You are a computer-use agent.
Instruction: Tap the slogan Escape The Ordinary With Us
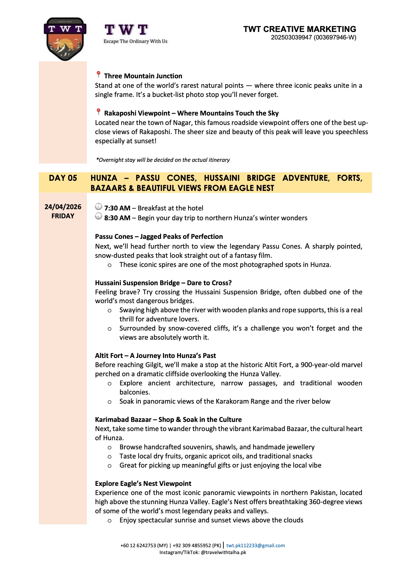coord(135,41)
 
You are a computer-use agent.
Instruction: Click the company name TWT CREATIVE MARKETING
coord(300,29)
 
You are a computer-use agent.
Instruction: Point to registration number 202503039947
coord(291,38)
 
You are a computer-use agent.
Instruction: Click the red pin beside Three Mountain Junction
coord(98,75)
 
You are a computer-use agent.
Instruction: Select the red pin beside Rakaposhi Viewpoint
coord(98,112)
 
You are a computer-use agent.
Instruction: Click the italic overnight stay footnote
coord(163,160)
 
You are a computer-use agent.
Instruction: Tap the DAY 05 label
coord(63,178)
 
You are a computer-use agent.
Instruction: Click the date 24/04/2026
coord(63,207)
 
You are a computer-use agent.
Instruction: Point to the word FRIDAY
coord(63,216)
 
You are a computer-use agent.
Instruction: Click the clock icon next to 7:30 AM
coord(98,207)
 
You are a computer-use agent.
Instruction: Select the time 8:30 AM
coord(117,218)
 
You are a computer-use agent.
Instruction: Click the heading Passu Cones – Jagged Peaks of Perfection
coord(159,237)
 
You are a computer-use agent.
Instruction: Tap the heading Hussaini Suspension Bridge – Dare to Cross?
coord(163,283)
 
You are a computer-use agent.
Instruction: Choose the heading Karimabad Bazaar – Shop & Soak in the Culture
coord(168,420)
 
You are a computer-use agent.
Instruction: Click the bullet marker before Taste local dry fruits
coord(110,457)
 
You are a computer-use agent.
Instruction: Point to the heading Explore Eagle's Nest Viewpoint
coord(143,484)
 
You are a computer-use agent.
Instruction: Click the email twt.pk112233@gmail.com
coord(255,546)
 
